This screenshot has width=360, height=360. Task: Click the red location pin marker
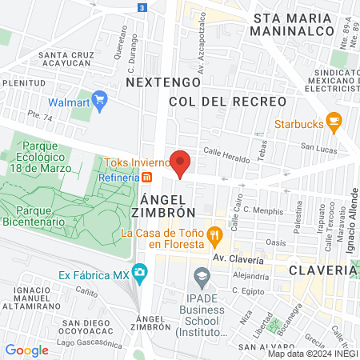pyautogui.click(x=180, y=162)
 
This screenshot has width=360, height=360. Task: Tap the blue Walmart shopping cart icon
pyautogui.click(x=100, y=102)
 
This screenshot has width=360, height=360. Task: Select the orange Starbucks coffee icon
pyautogui.click(x=334, y=123)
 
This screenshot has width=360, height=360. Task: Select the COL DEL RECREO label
pyautogui.click(x=228, y=102)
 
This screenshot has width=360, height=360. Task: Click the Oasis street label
pyautogui.click(x=276, y=242)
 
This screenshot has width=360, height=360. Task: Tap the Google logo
pyautogui.click(x=26, y=350)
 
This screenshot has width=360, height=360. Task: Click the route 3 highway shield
pyautogui.click(x=142, y=7)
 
